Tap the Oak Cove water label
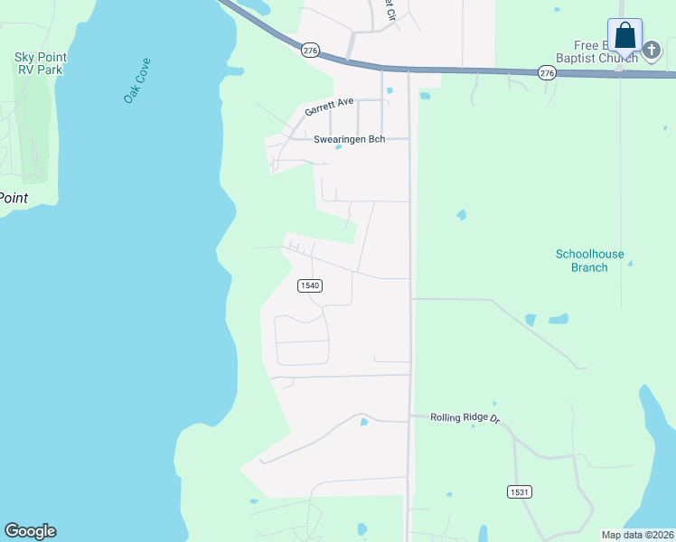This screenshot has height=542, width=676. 137,80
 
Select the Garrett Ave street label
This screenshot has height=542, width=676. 330,106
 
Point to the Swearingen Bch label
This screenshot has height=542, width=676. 349,139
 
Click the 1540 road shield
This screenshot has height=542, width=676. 309,285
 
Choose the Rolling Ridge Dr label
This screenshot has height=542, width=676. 465,417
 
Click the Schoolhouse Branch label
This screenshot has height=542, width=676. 589,261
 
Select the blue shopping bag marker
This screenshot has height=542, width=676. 624,36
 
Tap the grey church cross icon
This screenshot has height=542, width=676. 653,52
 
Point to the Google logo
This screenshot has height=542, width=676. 30,531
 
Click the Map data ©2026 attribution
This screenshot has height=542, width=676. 636,535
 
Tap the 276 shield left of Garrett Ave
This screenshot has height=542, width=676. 310,51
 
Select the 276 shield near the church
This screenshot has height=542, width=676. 546,72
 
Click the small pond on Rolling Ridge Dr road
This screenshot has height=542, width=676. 363,421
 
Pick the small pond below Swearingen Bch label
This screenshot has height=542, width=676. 337,148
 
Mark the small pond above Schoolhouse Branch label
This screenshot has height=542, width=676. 462,215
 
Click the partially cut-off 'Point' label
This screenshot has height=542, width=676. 14,198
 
